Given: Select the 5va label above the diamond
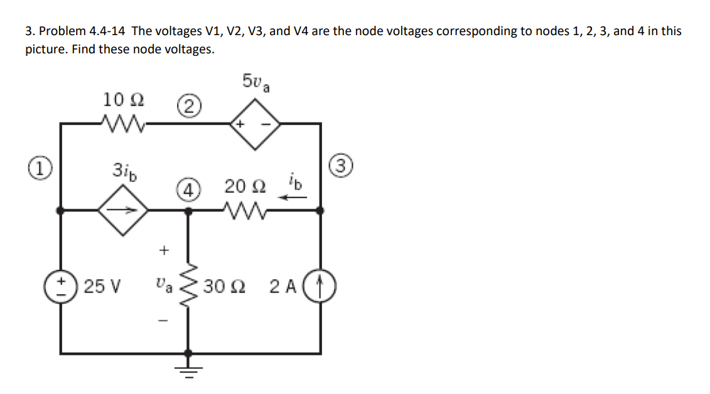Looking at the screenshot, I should coord(256,82).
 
